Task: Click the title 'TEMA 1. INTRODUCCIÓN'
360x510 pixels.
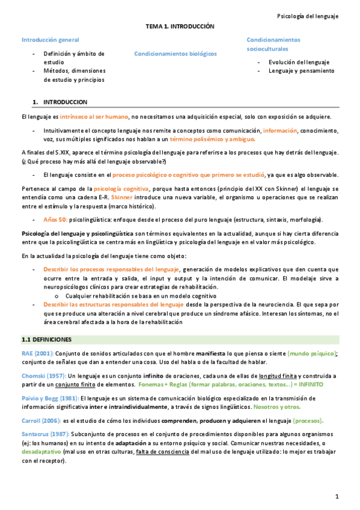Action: (x=180, y=27)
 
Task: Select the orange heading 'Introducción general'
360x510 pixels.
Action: (x=50, y=40)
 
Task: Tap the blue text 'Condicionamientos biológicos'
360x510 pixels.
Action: (x=175, y=54)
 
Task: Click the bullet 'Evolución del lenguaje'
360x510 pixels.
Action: (x=299, y=62)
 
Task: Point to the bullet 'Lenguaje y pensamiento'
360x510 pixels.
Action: (x=301, y=70)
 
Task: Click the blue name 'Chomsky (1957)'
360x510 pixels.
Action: (x=43, y=376)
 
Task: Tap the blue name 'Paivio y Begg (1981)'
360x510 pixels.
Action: (x=50, y=398)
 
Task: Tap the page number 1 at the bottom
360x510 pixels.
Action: (x=338, y=496)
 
